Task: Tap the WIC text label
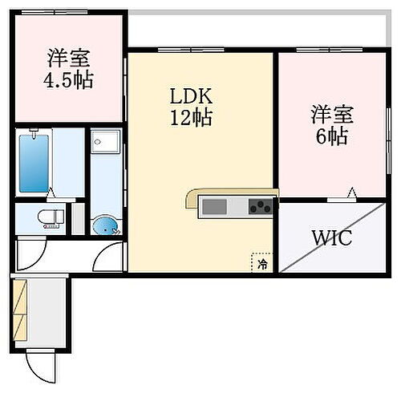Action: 331,239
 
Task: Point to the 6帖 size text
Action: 330,136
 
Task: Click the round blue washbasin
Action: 104,225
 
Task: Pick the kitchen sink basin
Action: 215,207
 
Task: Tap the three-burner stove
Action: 261,207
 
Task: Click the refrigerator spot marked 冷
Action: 261,261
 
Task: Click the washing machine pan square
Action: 104,144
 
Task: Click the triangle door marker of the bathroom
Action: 51,193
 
